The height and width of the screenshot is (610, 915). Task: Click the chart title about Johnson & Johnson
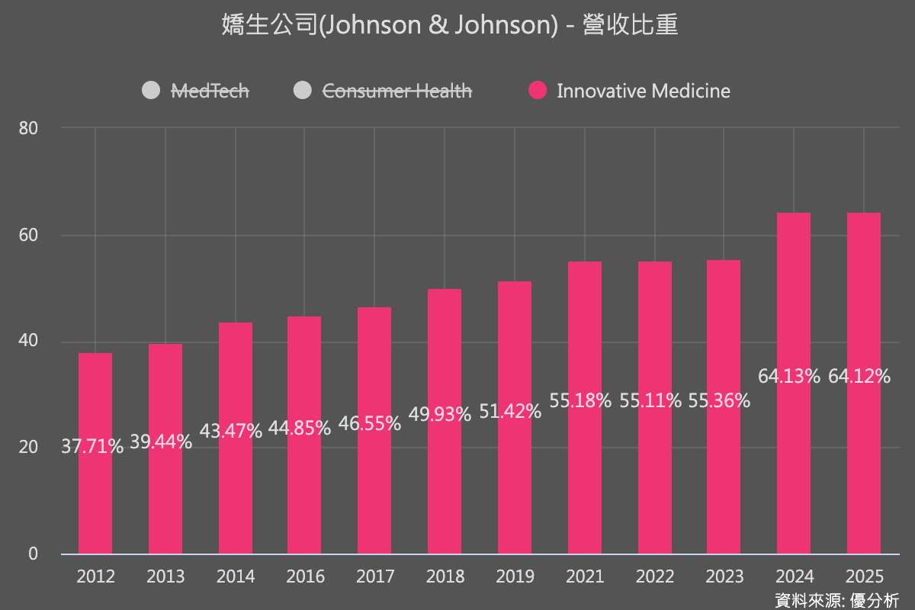[x=450, y=26]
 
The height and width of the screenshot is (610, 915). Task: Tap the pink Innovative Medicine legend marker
[x=538, y=91]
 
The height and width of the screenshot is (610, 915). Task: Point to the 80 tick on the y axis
[x=29, y=128]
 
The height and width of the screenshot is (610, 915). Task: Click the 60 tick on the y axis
[x=29, y=235]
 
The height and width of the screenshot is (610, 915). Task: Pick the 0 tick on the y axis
[x=33, y=554]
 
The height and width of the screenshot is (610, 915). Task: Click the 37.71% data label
[x=92, y=446]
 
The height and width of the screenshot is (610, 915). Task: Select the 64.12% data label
[x=859, y=376]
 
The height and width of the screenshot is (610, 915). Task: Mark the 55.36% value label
[x=719, y=400]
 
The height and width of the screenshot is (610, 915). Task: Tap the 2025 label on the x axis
[x=864, y=576]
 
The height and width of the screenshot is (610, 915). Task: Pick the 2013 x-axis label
[x=165, y=576]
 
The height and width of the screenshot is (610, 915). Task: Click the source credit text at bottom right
[x=836, y=599]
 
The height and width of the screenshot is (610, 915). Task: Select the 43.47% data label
[x=231, y=430]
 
